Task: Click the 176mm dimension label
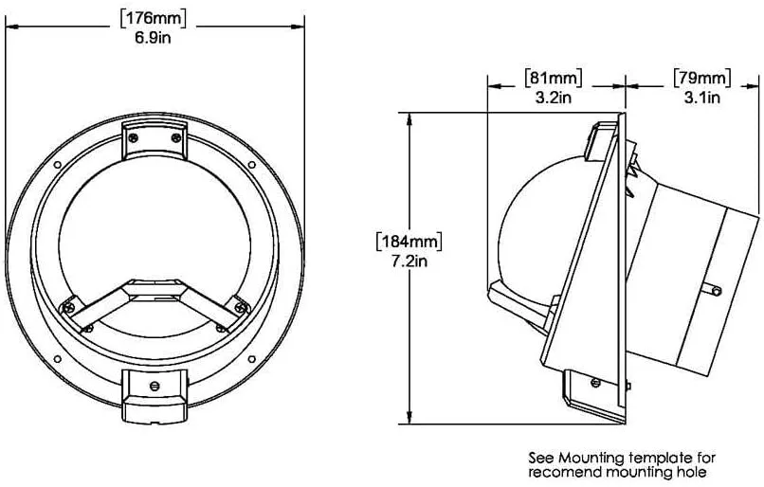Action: [x=154, y=19]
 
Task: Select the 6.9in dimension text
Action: [x=154, y=38]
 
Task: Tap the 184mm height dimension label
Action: [x=409, y=242]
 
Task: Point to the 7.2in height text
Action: [x=409, y=262]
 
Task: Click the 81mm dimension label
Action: [x=553, y=78]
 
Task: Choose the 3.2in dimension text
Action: [x=553, y=98]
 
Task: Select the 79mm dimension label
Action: [x=702, y=78]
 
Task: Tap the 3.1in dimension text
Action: [x=702, y=98]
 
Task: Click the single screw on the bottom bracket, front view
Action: [x=155, y=387]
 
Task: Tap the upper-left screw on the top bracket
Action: [x=134, y=137]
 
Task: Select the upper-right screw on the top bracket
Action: [x=176, y=137]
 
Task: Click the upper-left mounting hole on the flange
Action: [x=58, y=165]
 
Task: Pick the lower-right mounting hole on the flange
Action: [x=252, y=359]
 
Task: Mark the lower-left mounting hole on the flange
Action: [x=58, y=359]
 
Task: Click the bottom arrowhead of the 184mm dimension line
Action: [x=410, y=418]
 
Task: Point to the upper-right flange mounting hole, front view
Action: [x=252, y=165]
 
